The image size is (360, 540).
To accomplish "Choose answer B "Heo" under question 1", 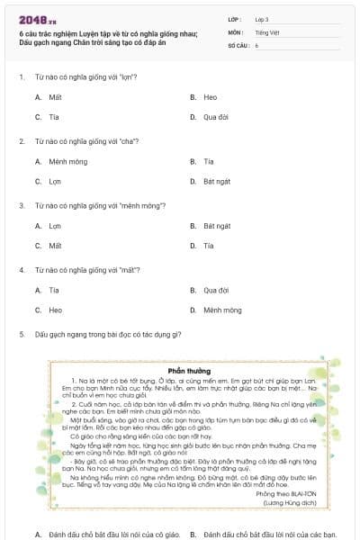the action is [211, 97].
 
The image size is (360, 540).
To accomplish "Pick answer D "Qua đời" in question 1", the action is [216, 117].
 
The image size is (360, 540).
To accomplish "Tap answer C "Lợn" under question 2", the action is [55, 181].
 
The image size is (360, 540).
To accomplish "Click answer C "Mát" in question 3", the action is [55, 246].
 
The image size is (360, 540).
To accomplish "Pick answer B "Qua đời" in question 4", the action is [216, 291].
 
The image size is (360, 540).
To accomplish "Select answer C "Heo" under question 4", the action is [56, 310].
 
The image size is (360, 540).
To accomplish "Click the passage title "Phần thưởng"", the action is [189, 370].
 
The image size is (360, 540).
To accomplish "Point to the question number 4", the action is [21, 271].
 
